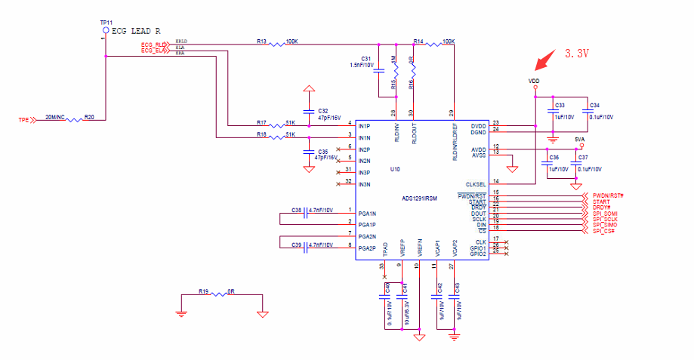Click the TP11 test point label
click(106, 23)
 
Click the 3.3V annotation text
click(578, 54)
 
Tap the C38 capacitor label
click(296, 210)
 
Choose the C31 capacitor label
click(366, 58)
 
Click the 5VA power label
click(579, 140)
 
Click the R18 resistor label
click(261, 134)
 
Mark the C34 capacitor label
click(595, 106)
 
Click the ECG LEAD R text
click(136, 31)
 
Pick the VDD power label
click(534, 81)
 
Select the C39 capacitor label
click(296, 245)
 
